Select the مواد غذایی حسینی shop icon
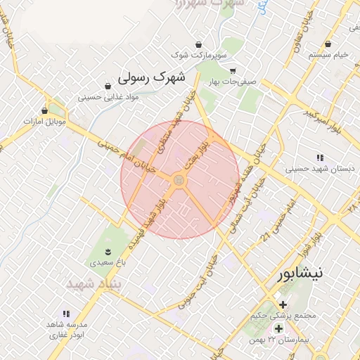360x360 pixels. [107, 86]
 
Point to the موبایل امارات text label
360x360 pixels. [44, 121]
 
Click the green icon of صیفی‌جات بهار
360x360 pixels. [233, 70]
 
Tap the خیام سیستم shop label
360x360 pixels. [333, 54]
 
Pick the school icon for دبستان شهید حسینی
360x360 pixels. [320, 158]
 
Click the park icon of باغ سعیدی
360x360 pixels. [107, 252]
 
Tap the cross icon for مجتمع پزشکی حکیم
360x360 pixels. [283, 304]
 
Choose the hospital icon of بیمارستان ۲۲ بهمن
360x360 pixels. [278, 328]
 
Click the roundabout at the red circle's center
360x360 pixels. [179, 181]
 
